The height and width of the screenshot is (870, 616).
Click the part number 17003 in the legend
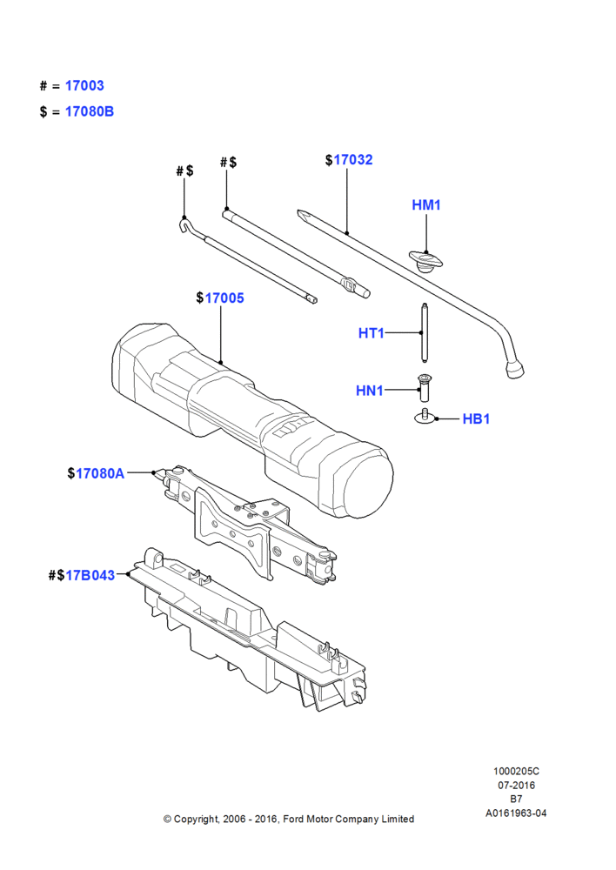84,85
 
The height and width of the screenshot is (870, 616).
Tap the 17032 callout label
353,160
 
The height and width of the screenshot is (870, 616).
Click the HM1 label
426,204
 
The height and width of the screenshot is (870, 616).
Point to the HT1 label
372,333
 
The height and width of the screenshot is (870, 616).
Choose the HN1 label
370,391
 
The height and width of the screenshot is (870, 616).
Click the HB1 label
476,419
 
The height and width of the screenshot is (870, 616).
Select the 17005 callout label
224,298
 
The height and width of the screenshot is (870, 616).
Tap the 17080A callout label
100,473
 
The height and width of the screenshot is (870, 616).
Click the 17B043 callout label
90,575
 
